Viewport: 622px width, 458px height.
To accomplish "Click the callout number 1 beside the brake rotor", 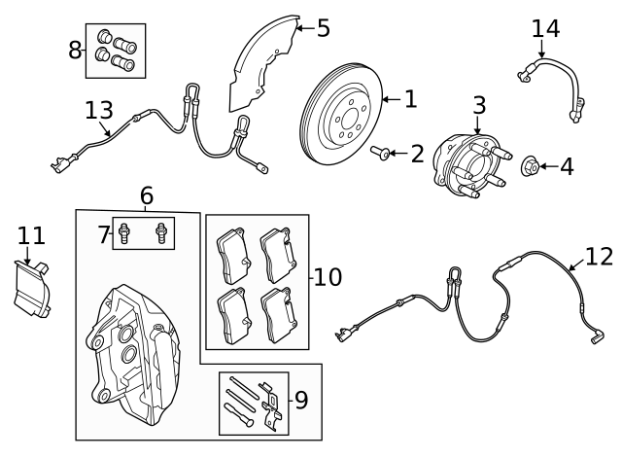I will point(409,98).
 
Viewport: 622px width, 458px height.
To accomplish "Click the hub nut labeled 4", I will point(532,166).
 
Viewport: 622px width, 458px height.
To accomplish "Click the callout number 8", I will point(75,50).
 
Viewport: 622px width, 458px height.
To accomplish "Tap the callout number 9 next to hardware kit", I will point(300,400).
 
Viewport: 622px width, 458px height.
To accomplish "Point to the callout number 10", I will point(328,277).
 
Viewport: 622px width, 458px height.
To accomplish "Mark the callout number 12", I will point(599,257).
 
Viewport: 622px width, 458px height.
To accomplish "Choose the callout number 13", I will point(98,110).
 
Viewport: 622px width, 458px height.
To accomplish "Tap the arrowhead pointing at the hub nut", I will point(545,166).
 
